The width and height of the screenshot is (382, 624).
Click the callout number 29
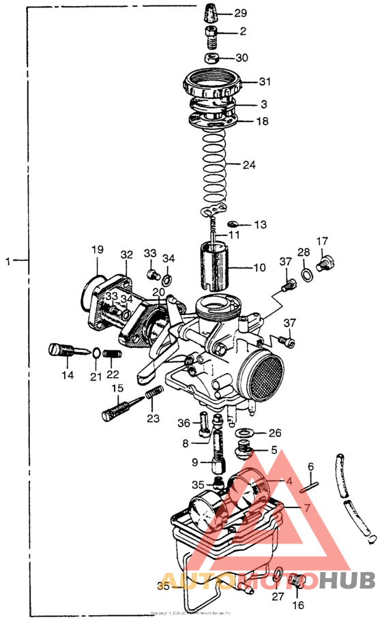(x=241, y=14)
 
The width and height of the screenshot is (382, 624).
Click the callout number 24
(x=250, y=164)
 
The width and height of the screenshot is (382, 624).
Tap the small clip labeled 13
(x=233, y=224)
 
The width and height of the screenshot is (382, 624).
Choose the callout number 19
(x=97, y=250)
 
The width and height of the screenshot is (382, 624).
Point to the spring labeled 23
(x=153, y=395)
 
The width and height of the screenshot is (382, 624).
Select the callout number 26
(x=274, y=433)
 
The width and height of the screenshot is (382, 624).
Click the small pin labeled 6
(x=311, y=486)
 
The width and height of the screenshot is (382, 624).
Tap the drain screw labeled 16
(x=297, y=582)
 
